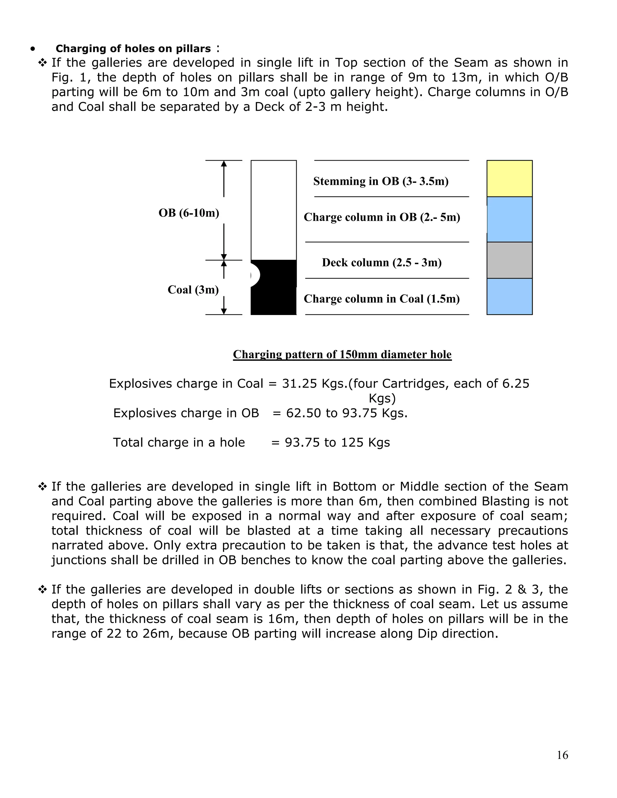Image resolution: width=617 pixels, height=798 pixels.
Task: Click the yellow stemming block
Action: [509, 179]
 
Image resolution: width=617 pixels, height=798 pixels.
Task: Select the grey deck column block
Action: [509, 260]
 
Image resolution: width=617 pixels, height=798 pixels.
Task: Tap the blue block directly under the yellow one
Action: [509, 219]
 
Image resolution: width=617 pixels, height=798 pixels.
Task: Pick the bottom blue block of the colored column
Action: [509, 296]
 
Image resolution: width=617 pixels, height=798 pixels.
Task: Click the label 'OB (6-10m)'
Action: [189, 213]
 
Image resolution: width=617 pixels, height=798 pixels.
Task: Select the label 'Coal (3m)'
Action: [193, 290]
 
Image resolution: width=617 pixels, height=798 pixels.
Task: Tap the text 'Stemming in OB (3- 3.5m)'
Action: [381, 181]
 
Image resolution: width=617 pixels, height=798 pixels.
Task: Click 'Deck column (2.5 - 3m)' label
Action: [382, 262]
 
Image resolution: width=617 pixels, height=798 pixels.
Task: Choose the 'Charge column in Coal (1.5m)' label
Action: [382, 299]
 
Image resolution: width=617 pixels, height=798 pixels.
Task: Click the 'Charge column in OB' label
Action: [382, 217]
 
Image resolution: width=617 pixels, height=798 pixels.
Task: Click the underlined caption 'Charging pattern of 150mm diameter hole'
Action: [342, 354]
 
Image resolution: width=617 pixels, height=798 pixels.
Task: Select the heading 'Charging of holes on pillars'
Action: [133, 48]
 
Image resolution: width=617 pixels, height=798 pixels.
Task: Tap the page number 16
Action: [562, 755]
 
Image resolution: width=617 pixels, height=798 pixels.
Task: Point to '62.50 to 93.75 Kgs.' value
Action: [346, 413]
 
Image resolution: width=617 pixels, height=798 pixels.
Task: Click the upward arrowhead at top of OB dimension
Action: [224, 163]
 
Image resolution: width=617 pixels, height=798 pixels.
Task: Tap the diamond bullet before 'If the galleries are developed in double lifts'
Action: [43, 590]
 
